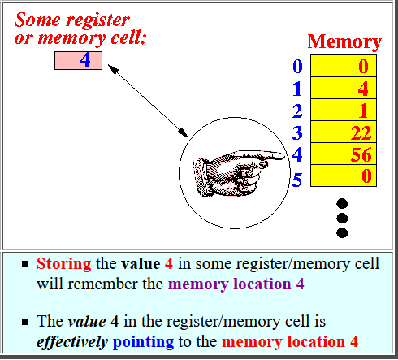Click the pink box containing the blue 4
78,60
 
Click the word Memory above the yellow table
344,42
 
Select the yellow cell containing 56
344,154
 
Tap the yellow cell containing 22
344,132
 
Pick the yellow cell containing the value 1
344,110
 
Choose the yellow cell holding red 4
344,88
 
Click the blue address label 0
297,66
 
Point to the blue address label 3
297,132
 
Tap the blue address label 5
297,180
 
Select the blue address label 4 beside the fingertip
297,154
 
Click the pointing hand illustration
238,173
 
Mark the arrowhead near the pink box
113,69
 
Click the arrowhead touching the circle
183,132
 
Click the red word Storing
64,264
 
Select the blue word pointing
143,342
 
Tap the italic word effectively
72,342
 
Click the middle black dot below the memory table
342,219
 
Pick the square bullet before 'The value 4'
25,322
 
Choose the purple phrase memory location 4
236,284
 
